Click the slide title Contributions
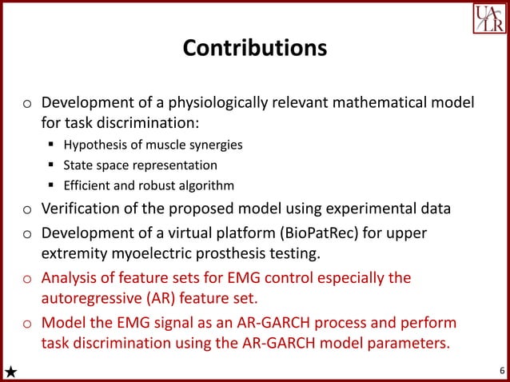254,48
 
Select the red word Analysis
70,278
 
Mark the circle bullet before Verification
26,211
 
